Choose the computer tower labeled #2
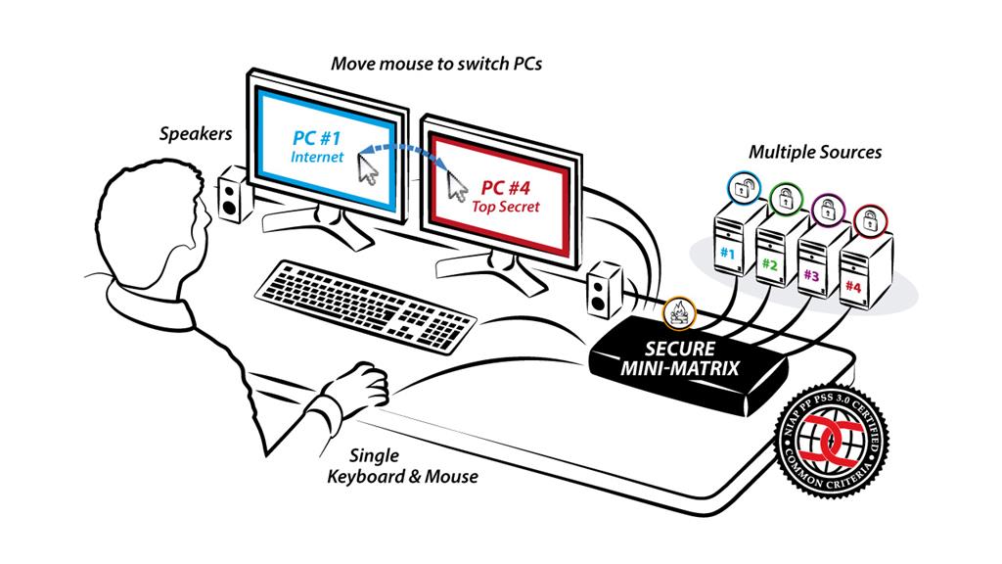[773, 257]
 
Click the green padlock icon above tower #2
[785, 199]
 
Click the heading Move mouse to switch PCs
[435, 65]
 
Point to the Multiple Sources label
[815, 152]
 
